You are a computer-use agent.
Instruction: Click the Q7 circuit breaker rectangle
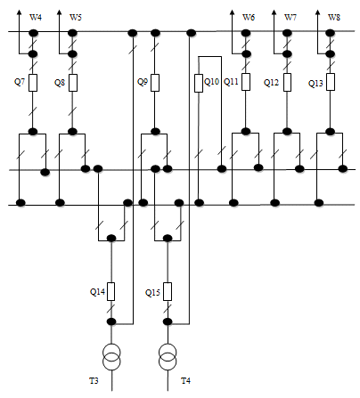33,83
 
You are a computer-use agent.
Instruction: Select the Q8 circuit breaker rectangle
73,83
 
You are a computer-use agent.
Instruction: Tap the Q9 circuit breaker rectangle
155,83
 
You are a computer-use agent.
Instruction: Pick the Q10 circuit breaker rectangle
199,83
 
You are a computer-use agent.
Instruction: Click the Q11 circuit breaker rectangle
246,82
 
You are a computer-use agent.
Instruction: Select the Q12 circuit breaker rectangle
287,82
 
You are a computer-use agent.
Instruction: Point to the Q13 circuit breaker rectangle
331,82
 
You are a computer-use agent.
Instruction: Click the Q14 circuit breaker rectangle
111,292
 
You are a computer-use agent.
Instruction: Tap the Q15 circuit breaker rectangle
168,292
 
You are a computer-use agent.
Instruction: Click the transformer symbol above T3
111,356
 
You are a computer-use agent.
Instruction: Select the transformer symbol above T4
168,356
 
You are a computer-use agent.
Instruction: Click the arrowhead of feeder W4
19,12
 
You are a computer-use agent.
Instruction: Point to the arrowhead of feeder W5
60,12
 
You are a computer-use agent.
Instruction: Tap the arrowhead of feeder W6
232,12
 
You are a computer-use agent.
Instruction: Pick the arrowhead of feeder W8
317,12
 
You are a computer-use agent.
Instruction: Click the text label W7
290,18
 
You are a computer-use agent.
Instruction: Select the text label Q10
212,82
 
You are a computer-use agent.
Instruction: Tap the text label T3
94,380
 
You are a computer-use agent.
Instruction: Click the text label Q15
152,293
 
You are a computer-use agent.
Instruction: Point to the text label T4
185,380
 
